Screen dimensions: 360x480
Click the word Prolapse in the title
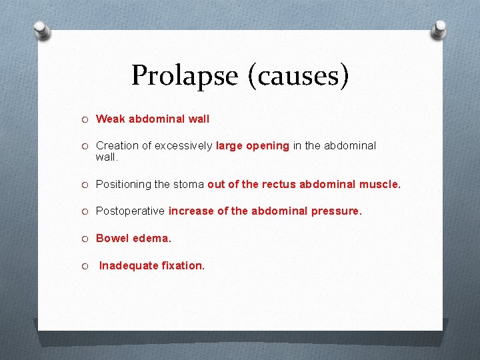[x=185, y=75]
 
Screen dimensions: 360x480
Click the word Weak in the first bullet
[x=110, y=119]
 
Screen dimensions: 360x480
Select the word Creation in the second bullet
[x=117, y=145]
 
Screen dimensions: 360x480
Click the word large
[x=229, y=145]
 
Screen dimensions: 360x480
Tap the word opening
[x=267, y=146]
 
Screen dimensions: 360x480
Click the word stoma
[x=189, y=184]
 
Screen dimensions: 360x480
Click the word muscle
[x=380, y=184]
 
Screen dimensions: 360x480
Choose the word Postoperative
[x=130, y=211]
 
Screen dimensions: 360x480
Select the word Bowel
[x=112, y=238]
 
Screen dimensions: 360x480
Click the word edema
[x=151, y=238]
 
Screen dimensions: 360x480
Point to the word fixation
[x=183, y=265]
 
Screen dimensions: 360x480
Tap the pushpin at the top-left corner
[x=42, y=29]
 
